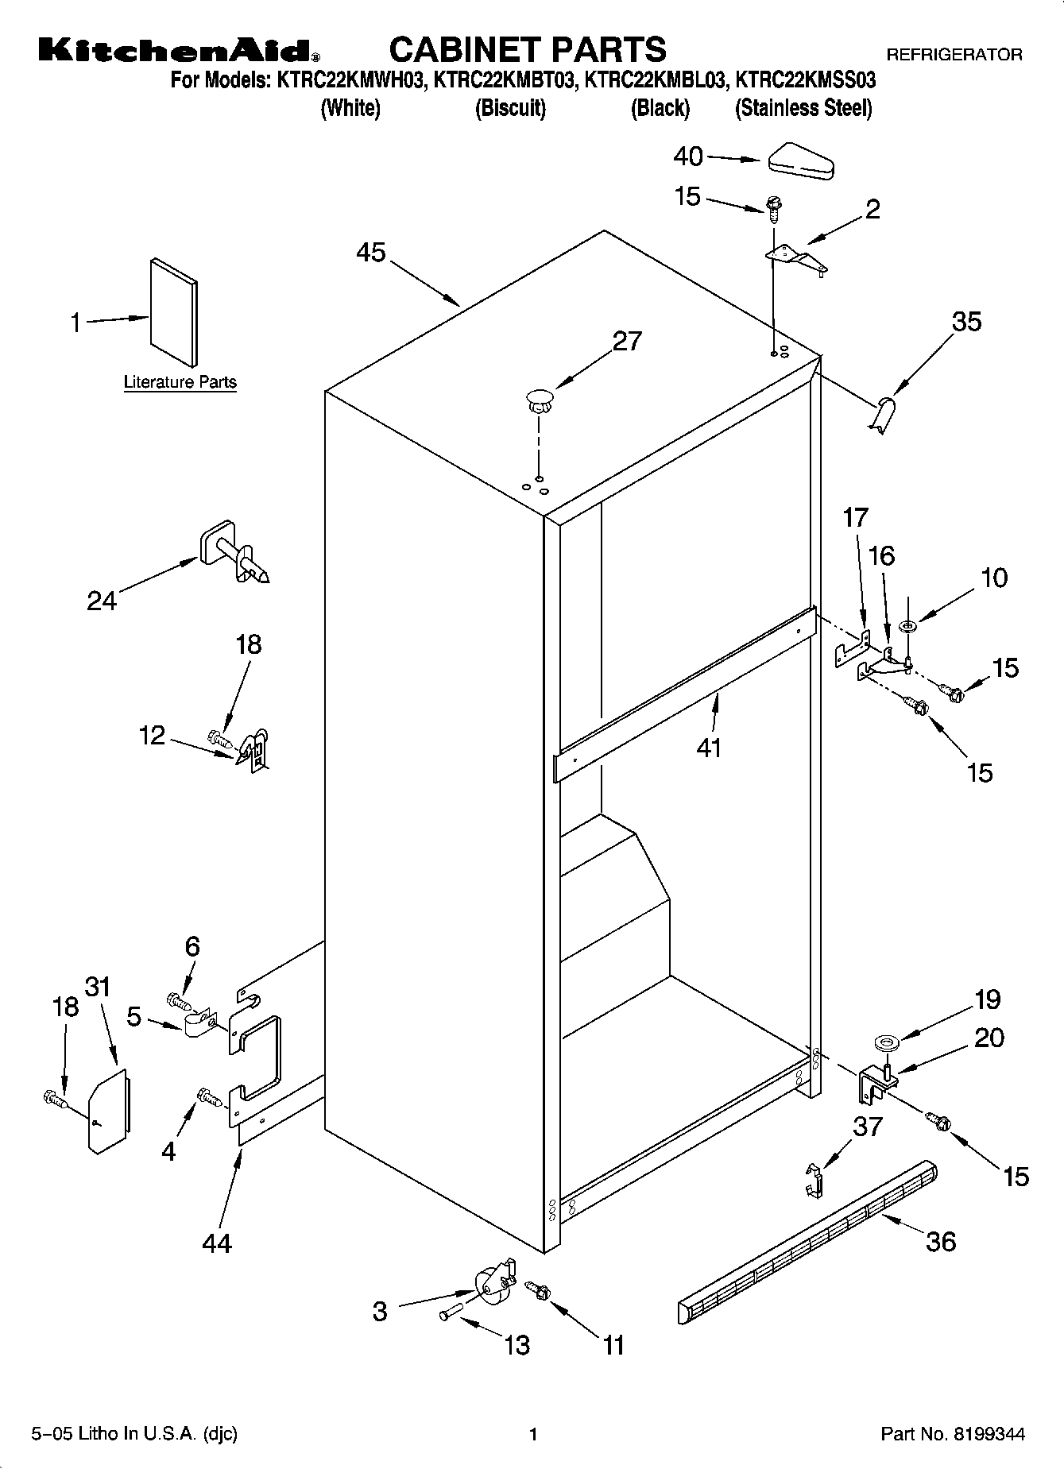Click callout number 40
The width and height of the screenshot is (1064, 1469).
pyautogui.click(x=687, y=157)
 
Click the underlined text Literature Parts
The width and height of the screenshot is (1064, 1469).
pyautogui.click(x=180, y=382)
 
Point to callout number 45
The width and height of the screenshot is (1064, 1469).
pyautogui.click(x=370, y=253)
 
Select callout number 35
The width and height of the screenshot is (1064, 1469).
pyautogui.click(x=966, y=322)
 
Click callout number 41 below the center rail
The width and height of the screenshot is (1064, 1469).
pyautogui.click(x=708, y=748)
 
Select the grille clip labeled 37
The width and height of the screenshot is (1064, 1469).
pyautogui.click(x=812, y=1181)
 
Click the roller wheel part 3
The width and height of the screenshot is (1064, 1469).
pyautogui.click(x=492, y=1285)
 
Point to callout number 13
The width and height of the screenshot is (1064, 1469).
pyautogui.click(x=517, y=1345)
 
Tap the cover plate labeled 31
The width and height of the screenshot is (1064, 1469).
pyautogui.click(x=108, y=1110)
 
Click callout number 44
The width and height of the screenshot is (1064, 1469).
pyautogui.click(x=216, y=1243)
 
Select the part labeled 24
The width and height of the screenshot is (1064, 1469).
pyautogui.click(x=233, y=553)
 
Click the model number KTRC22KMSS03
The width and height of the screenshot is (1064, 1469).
pyautogui.click(x=806, y=80)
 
